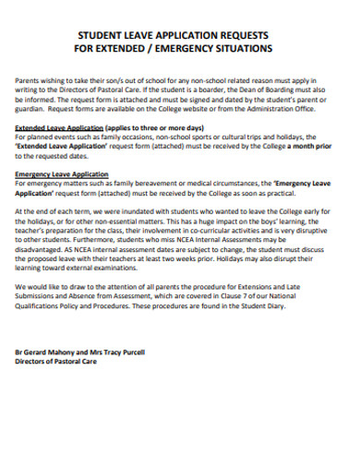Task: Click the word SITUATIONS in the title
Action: [x=243, y=45]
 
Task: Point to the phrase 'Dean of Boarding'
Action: [x=273, y=91]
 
